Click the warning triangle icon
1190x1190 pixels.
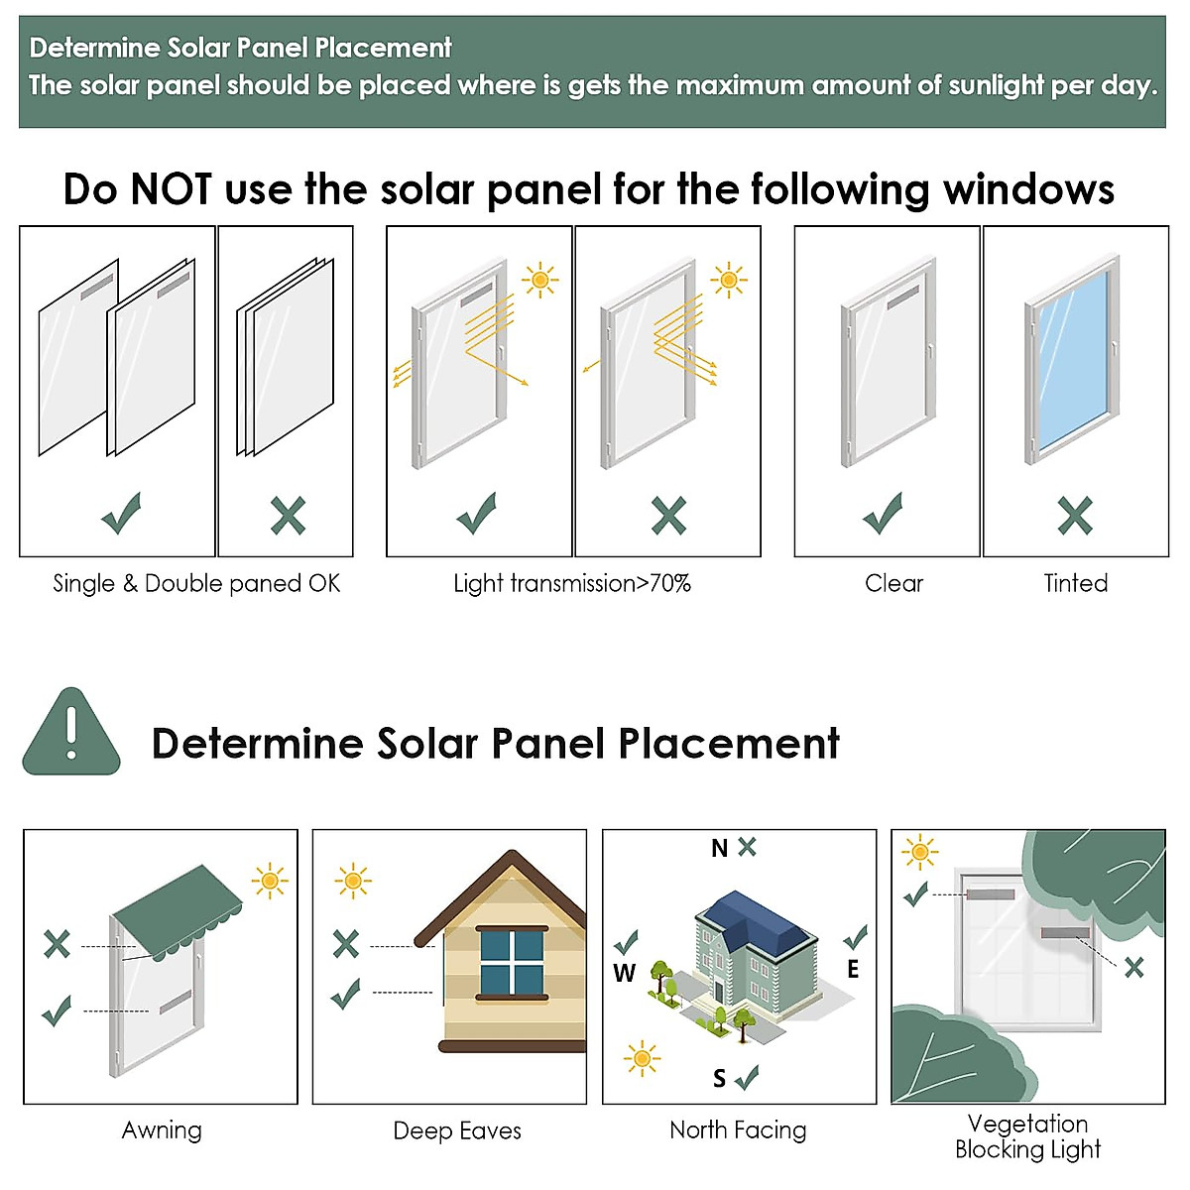point(71,734)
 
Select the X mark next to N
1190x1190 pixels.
point(747,846)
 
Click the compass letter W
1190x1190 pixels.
point(624,973)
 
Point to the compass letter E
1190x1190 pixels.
point(853,969)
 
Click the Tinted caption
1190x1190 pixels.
point(1075,583)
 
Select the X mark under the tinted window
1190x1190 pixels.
point(1075,516)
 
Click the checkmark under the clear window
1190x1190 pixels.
point(883,514)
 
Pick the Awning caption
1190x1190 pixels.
point(162,1130)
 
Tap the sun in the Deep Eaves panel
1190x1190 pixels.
point(353,881)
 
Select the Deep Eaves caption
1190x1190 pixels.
point(457,1130)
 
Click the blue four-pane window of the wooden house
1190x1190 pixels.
point(512,962)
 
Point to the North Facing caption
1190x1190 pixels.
point(738,1130)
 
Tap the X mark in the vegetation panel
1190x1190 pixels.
point(1133,967)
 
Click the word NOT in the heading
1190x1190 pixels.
point(172,188)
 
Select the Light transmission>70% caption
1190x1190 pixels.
point(572,583)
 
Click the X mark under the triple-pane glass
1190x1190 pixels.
point(288,516)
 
